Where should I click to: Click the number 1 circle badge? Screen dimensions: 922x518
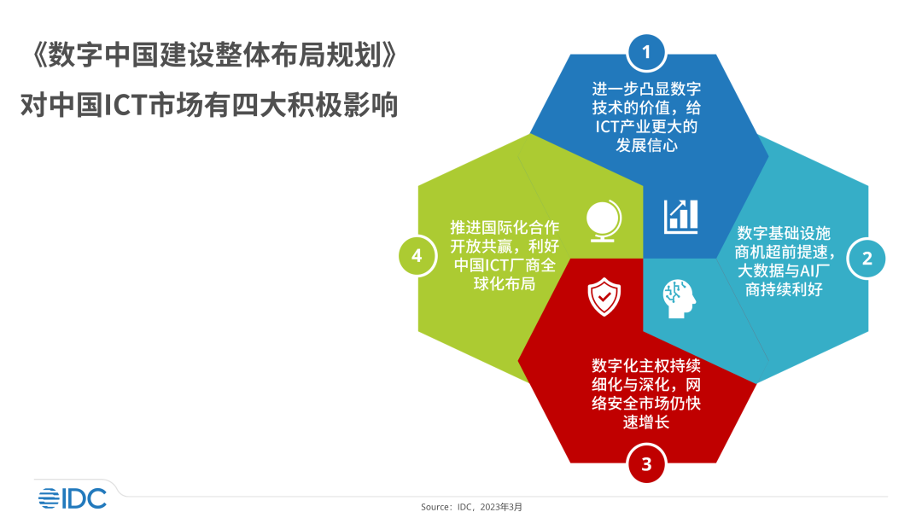[646, 53]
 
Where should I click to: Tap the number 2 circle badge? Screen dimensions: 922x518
[867, 259]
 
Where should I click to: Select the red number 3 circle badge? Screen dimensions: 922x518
[646, 464]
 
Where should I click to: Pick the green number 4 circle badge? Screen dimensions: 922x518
[417, 256]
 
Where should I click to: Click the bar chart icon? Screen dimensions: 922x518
[681, 217]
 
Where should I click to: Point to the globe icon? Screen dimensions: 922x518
[604, 221]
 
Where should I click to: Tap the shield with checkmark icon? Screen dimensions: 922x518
[604, 297]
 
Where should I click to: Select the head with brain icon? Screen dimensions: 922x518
[680, 299]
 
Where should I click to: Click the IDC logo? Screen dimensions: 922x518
[73, 498]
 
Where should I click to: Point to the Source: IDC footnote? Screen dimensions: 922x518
[471, 507]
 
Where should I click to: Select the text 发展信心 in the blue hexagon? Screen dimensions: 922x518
[646, 145]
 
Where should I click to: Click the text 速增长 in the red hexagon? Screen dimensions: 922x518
[646, 422]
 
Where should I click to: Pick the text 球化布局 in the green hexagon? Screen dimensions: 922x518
[505, 284]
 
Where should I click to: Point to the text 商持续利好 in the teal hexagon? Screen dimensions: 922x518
[784, 289]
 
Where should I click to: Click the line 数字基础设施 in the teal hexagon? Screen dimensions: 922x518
[784, 233]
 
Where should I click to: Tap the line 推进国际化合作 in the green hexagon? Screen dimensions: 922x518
[505, 228]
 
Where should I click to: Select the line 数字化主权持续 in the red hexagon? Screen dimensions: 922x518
[646, 366]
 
